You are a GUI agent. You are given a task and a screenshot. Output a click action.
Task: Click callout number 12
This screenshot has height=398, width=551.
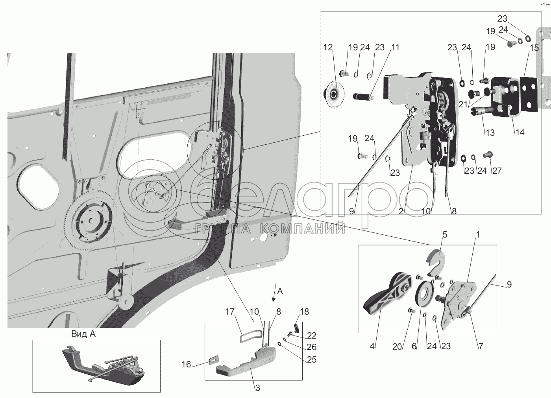pos(328,48)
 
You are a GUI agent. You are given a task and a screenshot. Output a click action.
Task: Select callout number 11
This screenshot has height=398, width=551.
pos(395,48)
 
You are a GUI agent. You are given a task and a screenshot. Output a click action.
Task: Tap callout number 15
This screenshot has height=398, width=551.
pos(534,48)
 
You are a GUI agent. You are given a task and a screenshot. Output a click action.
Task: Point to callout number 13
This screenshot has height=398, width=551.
pos(490,133)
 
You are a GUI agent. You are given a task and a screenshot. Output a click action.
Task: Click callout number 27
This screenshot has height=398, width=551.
pos(497,171)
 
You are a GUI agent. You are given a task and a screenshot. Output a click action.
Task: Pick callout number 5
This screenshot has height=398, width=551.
pos(445,235)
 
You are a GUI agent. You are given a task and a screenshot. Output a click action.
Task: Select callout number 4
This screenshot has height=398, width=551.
pos(372,346)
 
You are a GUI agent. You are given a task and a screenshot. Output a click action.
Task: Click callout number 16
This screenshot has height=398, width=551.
pos(186,365)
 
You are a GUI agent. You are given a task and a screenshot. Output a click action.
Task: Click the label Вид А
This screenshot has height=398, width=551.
pos(83,334)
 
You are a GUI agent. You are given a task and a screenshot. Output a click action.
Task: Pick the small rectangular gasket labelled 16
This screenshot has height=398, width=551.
pos(213,358)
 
